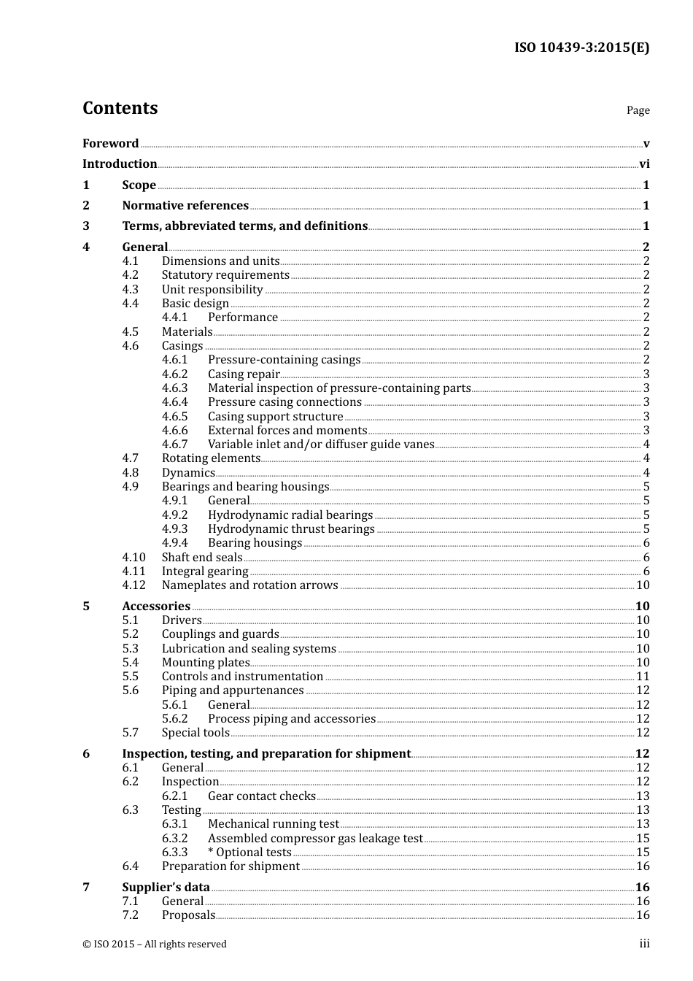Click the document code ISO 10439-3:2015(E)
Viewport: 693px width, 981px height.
tap(581, 48)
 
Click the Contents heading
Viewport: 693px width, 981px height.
tap(120, 108)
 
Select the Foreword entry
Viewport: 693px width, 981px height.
tap(110, 144)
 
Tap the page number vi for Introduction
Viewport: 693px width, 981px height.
tap(644, 164)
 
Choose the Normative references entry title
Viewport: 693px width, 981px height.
tap(185, 206)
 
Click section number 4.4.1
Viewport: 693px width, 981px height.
tap(174, 318)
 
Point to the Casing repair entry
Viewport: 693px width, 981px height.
tap(244, 374)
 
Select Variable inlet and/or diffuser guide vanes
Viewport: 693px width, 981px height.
tap(321, 445)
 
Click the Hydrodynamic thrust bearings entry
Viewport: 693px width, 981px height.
tap(291, 529)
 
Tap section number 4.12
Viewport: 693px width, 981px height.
tap(133, 585)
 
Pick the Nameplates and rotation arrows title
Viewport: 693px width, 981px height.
tap(249, 585)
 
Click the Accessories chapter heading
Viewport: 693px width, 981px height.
tap(156, 607)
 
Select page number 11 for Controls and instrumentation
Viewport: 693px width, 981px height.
tap(643, 677)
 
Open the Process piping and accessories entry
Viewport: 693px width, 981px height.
tap(292, 719)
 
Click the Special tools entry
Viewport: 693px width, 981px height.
tap(195, 733)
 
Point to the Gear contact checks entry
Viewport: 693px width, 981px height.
tap(262, 796)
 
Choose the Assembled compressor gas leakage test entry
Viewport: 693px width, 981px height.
tap(315, 839)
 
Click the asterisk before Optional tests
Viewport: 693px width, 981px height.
tap(211, 852)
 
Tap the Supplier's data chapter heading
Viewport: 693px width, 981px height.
tap(166, 888)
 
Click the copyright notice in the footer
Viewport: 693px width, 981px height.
tap(155, 945)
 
